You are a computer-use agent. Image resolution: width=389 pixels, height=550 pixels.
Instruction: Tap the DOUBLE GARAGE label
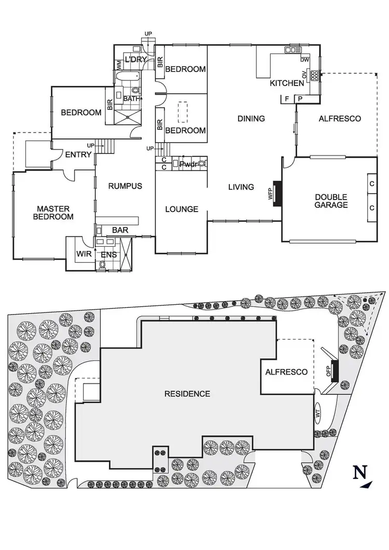coord(331,201)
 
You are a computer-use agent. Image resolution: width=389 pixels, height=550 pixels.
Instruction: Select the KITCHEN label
coord(286,83)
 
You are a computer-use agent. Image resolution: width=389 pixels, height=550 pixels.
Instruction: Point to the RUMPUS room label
coord(124,186)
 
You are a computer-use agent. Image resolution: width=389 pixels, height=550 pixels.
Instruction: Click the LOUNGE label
coord(182,209)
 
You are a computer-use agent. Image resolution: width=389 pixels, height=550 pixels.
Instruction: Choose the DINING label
coord(251,119)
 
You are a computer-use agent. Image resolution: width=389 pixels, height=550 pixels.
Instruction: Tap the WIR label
coord(84,254)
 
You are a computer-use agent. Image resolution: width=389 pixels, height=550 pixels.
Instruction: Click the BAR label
coord(120,230)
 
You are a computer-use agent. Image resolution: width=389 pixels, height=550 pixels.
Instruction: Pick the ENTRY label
coord(78,154)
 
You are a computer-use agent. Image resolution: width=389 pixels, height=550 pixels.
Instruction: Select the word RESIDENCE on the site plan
coord(187,394)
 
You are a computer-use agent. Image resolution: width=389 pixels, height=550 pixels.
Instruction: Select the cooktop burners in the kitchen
coord(314,76)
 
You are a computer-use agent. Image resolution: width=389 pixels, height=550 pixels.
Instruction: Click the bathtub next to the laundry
coord(127,79)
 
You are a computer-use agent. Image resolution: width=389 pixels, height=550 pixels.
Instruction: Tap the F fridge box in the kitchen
coord(286,99)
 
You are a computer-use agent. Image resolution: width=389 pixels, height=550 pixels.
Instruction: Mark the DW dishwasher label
coord(305,60)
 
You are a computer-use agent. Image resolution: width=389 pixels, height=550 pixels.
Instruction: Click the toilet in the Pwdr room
coord(201,164)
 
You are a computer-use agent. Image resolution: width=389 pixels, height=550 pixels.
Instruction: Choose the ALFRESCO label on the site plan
coord(287,372)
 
